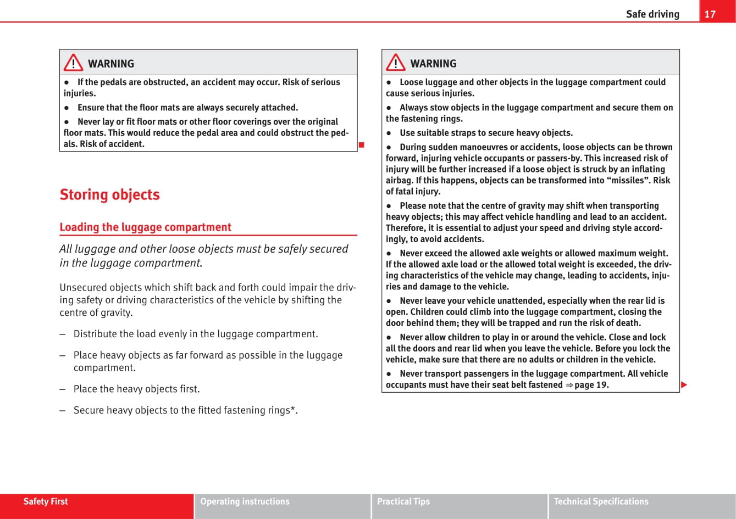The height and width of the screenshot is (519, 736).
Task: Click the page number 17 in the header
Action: click(x=710, y=14)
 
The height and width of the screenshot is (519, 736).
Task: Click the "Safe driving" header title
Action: click(x=652, y=14)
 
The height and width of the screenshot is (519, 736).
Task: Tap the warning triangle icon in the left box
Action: click(x=73, y=64)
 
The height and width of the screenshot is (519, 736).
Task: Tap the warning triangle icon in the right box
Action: click(x=395, y=64)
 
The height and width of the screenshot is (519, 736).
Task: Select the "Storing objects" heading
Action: click(x=109, y=194)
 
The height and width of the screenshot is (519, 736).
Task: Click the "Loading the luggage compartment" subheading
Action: click(x=145, y=227)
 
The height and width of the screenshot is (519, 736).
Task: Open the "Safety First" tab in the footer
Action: click(x=46, y=501)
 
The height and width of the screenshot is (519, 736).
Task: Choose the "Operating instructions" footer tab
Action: click(x=245, y=501)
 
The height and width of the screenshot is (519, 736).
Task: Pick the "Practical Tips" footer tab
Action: click(x=403, y=501)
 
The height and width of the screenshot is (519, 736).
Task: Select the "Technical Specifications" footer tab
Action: click(x=601, y=501)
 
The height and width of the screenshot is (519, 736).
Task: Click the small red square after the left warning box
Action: click(x=362, y=145)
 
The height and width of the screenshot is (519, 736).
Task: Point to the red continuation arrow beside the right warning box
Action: click(x=684, y=385)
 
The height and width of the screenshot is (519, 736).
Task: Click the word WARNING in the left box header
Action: click(x=111, y=64)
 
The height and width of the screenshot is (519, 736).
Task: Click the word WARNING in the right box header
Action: click(x=433, y=64)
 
